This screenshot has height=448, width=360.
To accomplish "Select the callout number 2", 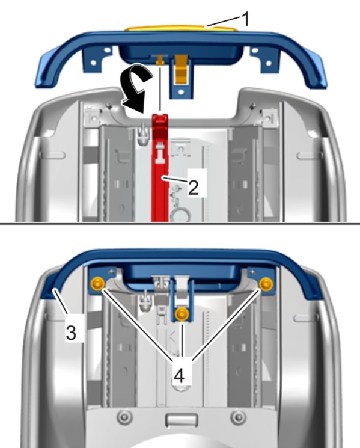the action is point(194,187).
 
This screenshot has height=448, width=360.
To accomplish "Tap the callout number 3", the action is point(71,333).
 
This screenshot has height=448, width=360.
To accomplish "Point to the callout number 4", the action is point(179,376).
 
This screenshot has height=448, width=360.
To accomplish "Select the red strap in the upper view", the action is point(160,168).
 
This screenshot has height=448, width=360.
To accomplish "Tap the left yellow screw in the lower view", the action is point(98,284).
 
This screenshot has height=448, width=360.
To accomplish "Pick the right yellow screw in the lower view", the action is point(266,283).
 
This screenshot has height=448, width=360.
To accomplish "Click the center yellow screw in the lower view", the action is point(182,314).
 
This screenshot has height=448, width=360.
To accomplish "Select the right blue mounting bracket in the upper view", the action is point(265,60).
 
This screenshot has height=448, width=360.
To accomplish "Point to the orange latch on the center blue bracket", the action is point(181,69).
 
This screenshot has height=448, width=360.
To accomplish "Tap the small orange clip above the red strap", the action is point(160,61).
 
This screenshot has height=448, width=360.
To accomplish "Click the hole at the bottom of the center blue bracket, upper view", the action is point(181,92).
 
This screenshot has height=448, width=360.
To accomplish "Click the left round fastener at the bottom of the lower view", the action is point(124,418).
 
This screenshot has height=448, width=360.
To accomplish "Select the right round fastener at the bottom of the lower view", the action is point(239,417).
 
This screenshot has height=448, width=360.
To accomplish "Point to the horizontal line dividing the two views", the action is point(180,224).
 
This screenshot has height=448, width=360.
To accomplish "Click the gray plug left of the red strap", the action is point(144,134).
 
